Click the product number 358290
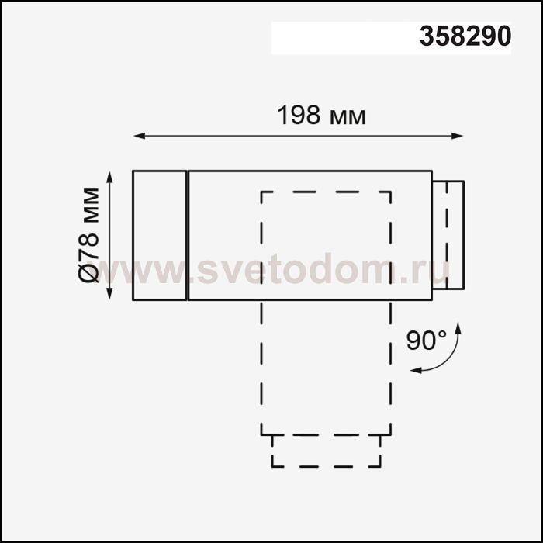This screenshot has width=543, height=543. (x=465, y=36)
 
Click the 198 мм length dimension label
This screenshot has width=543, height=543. (x=321, y=116)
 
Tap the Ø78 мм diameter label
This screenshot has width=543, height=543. (x=88, y=235)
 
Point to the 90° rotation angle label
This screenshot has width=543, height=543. (x=427, y=341)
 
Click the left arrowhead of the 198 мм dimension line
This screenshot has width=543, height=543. (x=139, y=136)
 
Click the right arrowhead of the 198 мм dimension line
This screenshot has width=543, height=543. (x=458, y=136)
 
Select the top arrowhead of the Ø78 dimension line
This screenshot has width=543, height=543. (x=109, y=178)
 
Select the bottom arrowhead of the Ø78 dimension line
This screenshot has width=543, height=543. (x=109, y=293)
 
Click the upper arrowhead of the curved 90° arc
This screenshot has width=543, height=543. (x=458, y=328)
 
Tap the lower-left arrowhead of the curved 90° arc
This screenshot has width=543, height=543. (x=416, y=371)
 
